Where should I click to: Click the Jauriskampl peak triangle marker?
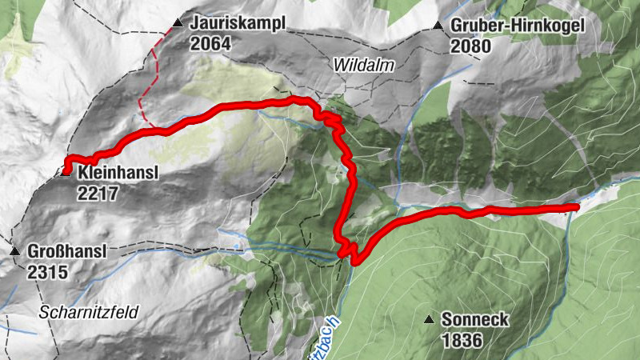(x=178, y=24)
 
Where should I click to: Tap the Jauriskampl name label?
(x=238, y=25)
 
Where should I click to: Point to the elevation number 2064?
(x=210, y=44)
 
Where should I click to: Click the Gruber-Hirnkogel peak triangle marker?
(x=438, y=26)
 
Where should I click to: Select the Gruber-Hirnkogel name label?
(x=518, y=26)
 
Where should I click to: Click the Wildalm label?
(x=365, y=66)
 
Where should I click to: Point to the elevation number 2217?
(x=98, y=193)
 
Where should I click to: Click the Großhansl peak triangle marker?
(x=14, y=252)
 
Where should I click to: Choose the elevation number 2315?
(x=47, y=272)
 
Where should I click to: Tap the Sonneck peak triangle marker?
(x=430, y=320)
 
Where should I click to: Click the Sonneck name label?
(x=475, y=320)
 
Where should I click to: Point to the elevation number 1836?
(x=461, y=340)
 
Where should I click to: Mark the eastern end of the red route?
(x=575, y=207)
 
